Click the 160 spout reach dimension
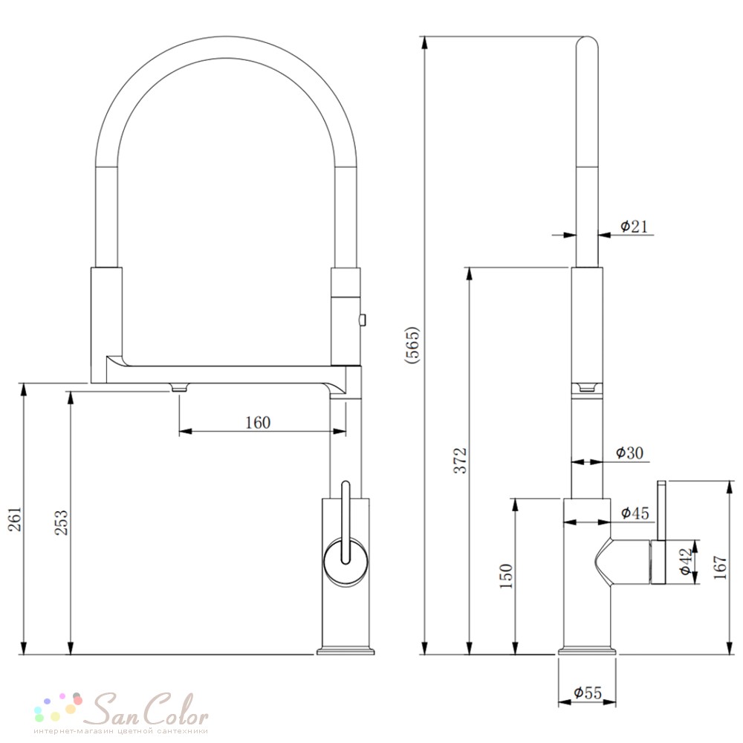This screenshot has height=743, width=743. click(x=258, y=422)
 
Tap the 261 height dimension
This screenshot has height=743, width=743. click(x=16, y=519)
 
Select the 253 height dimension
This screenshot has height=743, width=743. click(x=62, y=522)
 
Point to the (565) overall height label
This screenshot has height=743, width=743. click(x=412, y=345)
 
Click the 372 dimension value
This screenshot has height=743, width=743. click(x=460, y=460)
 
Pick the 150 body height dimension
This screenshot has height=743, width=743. click(x=507, y=576)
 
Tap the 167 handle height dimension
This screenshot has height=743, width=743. click(x=719, y=567)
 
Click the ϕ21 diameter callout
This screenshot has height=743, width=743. click(x=634, y=227)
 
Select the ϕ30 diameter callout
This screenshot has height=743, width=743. click(x=630, y=453)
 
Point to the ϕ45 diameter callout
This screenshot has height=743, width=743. click(x=635, y=513)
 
